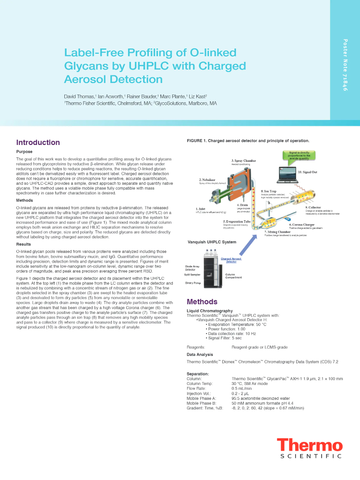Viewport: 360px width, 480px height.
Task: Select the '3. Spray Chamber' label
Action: (243, 160)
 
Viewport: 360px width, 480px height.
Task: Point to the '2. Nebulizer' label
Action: (208, 180)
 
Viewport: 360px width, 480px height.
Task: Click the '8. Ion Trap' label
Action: (268, 191)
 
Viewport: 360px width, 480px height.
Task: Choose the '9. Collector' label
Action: (313, 207)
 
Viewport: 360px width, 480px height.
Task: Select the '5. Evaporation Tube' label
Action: (237, 221)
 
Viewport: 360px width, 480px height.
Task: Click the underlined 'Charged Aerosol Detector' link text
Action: (232, 260)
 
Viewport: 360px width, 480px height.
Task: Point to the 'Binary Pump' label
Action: (194, 283)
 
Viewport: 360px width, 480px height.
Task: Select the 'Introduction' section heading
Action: (38, 143)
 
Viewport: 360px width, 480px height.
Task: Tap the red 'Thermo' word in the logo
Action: (309, 445)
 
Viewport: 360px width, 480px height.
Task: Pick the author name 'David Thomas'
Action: (80, 96)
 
